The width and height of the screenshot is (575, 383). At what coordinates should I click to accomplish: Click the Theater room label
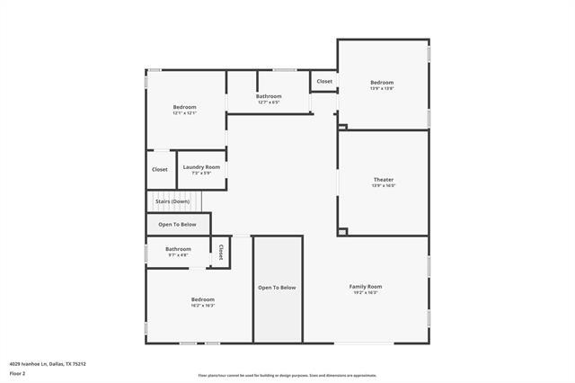click(383, 180)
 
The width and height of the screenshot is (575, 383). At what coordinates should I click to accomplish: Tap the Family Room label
click(365, 286)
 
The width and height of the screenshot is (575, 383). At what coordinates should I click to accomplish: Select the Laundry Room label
click(201, 167)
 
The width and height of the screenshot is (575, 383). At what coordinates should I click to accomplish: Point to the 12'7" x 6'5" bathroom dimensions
click(269, 102)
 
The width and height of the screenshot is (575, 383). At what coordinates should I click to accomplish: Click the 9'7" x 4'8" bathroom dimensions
click(178, 254)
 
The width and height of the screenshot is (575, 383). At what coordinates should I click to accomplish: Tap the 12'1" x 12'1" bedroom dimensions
click(184, 113)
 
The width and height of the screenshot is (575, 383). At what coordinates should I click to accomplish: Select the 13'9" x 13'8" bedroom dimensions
click(383, 88)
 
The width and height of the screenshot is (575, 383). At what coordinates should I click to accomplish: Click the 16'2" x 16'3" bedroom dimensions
click(202, 306)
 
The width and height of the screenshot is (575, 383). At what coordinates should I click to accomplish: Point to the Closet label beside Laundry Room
click(159, 169)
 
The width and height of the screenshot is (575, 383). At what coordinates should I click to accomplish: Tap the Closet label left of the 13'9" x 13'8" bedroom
click(324, 82)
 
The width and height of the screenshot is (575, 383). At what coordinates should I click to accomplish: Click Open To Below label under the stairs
click(177, 224)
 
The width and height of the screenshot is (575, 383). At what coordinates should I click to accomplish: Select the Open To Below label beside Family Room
click(277, 288)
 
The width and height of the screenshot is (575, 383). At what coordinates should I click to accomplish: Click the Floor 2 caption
click(17, 372)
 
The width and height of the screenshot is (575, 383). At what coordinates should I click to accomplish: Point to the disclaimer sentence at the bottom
click(287, 376)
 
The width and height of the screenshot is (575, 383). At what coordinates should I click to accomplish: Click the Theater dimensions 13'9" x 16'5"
click(383, 186)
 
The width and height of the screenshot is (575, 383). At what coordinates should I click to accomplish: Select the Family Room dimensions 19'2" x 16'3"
click(365, 292)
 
